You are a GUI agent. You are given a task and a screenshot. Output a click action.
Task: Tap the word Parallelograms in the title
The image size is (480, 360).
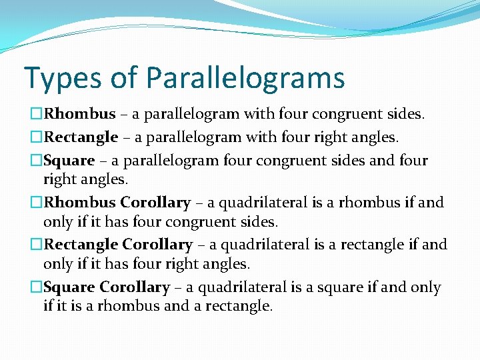pyautogui.click(x=245, y=78)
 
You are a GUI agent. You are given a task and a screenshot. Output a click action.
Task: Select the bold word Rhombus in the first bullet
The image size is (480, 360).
pyautogui.click(x=80, y=115)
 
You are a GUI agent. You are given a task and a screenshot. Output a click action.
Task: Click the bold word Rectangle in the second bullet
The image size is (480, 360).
pyautogui.click(x=81, y=137)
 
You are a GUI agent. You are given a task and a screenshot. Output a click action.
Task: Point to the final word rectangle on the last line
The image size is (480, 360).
pyautogui.click(x=241, y=307)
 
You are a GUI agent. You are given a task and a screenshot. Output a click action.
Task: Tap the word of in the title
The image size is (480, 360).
pyautogui.click(x=123, y=78)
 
